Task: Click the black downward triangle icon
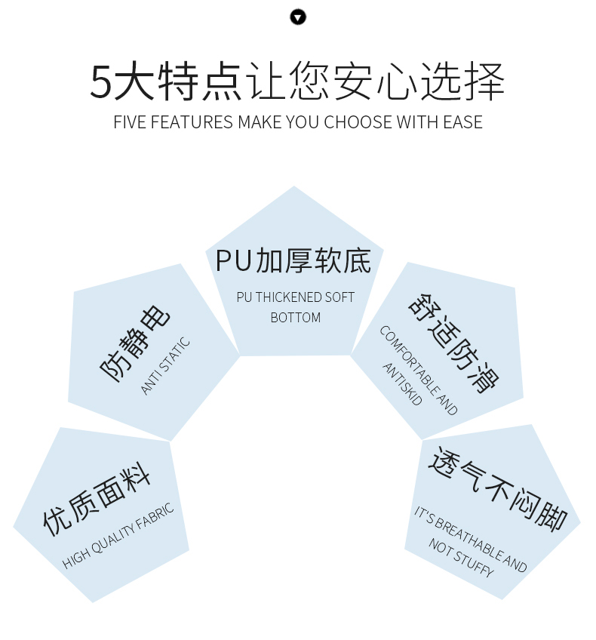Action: tap(298, 17)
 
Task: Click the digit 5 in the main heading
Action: tap(101, 82)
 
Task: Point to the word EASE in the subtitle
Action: tap(462, 122)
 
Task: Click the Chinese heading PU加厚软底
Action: tap(293, 260)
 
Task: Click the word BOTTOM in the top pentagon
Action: tap(296, 318)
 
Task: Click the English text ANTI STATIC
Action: tap(166, 366)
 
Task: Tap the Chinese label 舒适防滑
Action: tap(453, 341)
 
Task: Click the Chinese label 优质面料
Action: tap(97, 497)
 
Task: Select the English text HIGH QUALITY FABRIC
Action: tap(118, 536)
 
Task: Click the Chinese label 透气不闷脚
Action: tap(497, 487)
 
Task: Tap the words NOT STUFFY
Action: tap(461, 558)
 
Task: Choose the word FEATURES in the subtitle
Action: tap(192, 122)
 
